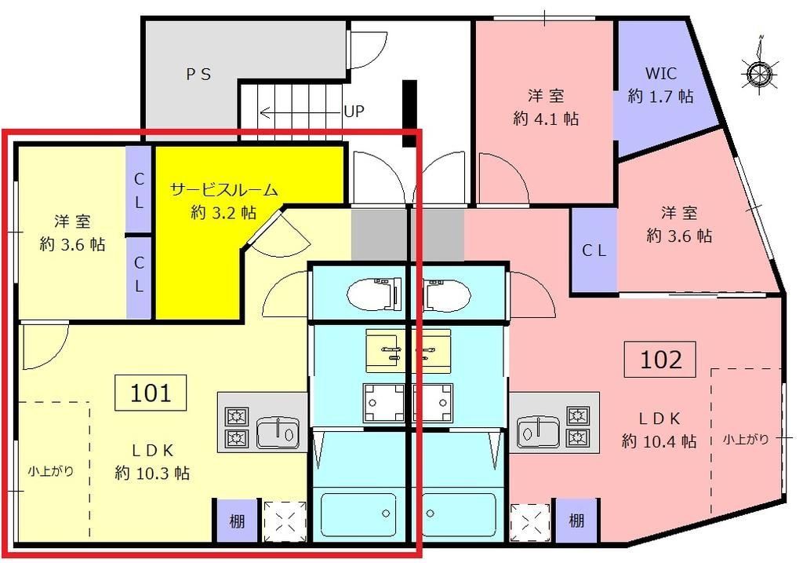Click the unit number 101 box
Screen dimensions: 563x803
coord(151,392)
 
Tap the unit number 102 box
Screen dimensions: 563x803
coord(660,360)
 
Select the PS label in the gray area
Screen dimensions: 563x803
coord(198,74)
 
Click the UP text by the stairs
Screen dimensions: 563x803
coord(354,112)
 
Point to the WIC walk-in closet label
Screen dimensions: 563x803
coord(660,74)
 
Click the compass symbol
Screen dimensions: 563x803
coord(758,73)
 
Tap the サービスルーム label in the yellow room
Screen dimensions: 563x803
coord(224,189)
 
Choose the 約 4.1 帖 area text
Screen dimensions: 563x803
coord(547,119)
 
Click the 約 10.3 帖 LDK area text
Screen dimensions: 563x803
coord(152,473)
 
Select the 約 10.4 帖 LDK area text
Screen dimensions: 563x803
coord(659,441)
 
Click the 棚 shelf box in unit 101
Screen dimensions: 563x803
coord(236,520)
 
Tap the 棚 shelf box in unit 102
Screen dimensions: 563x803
coord(576,520)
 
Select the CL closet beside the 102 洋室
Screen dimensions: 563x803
coord(594,251)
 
